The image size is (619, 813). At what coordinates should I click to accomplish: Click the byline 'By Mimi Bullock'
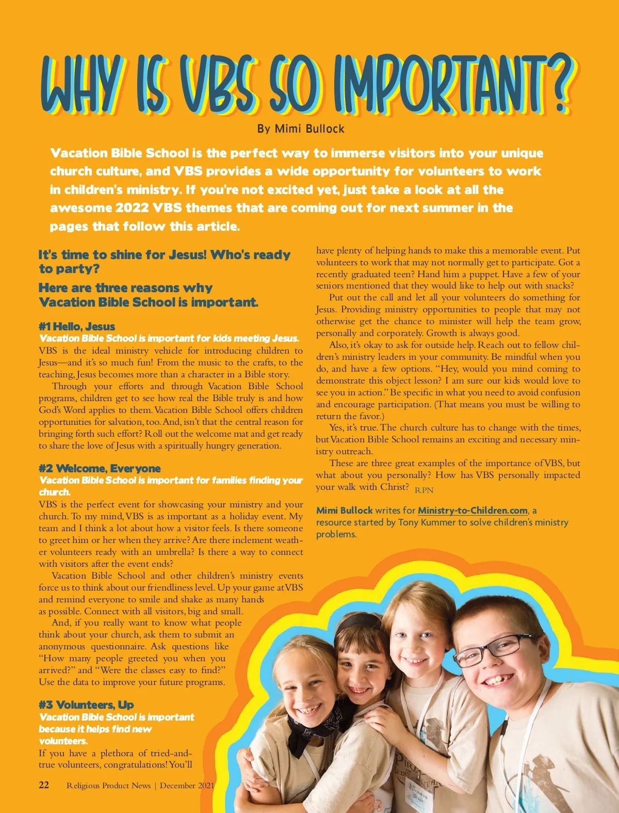point(301,129)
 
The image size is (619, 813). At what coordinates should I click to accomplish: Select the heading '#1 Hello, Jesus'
point(77,326)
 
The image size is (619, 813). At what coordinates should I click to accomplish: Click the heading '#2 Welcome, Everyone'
point(100,468)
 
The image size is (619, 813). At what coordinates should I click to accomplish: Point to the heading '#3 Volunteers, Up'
point(86,705)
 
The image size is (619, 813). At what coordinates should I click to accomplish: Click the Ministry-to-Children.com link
point(473,511)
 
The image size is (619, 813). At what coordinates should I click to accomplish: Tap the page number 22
point(44,785)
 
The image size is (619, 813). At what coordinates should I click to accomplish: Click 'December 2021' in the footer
point(187,786)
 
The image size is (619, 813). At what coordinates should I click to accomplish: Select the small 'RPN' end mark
point(424,490)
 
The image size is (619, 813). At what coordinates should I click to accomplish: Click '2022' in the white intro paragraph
point(132,208)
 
